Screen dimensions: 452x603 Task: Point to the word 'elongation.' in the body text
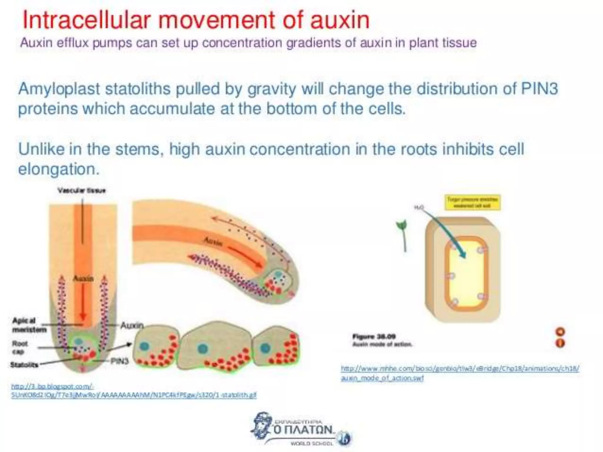click(x=59, y=169)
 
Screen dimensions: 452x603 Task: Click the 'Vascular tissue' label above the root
click(x=82, y=191)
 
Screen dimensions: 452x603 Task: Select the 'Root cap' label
click(x=20, y=347)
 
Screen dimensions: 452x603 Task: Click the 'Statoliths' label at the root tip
click(x=24, y=365)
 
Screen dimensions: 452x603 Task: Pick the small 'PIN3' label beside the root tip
click(x=119, y=361)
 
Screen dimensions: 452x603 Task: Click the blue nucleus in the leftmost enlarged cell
click(x=145, y=346)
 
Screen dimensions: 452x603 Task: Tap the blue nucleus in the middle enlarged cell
click(x=203, y=349)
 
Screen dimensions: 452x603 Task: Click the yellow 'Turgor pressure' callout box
click(x=472, y=202)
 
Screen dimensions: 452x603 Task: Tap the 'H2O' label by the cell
click(x=419, y=207)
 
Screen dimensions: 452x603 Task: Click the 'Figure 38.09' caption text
click(x=374, y=336)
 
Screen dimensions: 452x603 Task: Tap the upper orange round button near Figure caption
click(x=560, y=332)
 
